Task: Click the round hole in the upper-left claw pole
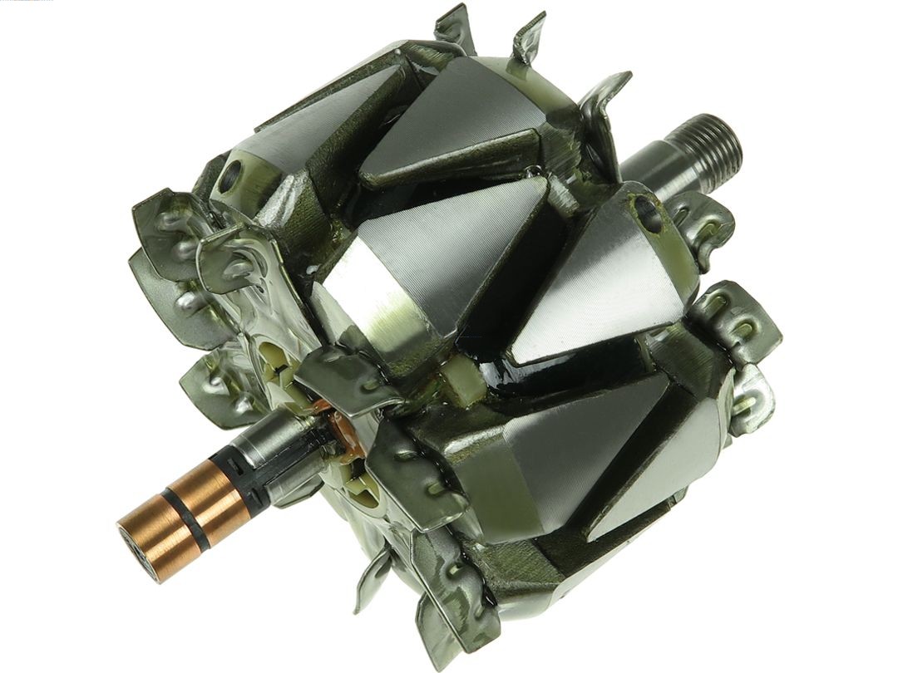[x=231, y=174]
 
